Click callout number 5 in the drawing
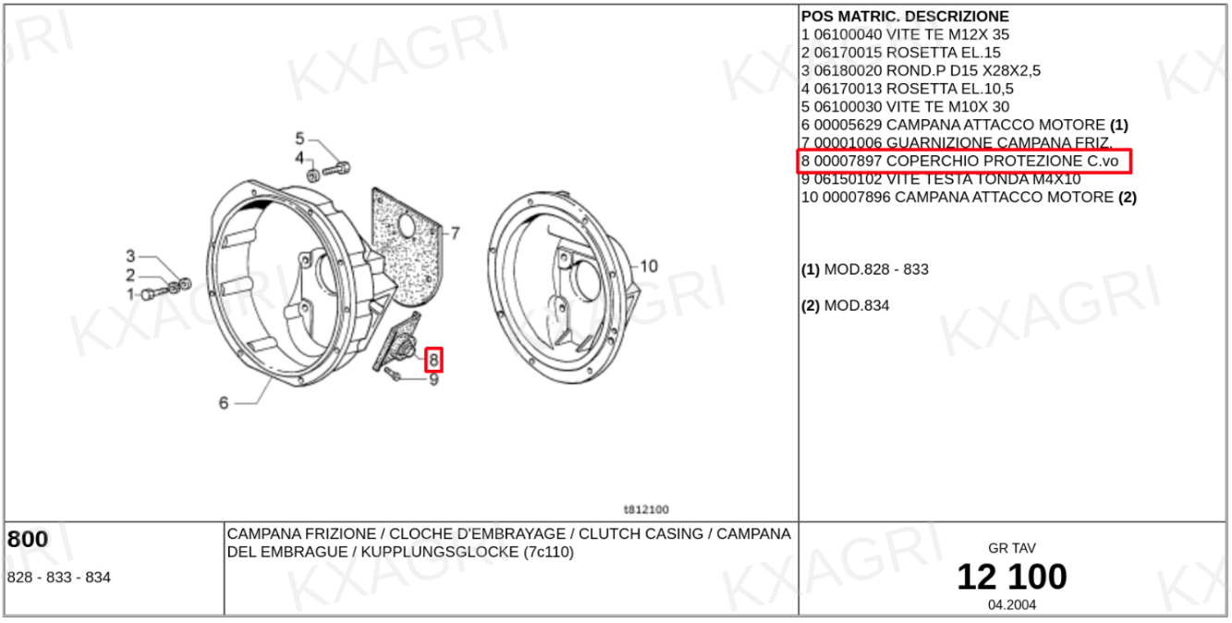pos(299,139)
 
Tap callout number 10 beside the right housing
pos(649,267)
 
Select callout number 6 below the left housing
pos(224,403)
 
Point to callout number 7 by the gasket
pos(456,234)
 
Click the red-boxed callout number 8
pos(434,360)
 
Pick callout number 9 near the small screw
pos(434,380)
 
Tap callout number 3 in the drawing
pos(130,256)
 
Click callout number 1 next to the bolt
pos(130,295)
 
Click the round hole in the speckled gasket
pos(407,226)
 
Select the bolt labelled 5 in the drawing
pos(336,169)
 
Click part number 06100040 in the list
pos(848,34)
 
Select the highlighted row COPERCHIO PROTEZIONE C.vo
pos(964,161)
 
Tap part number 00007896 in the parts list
pos(857,198)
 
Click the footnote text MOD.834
pos(857,306)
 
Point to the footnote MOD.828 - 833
pos(876,269)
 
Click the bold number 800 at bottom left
pos(28,539)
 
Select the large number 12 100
pos(1012,577)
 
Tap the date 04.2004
pos(1012,605)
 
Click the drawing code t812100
pos(646,509)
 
